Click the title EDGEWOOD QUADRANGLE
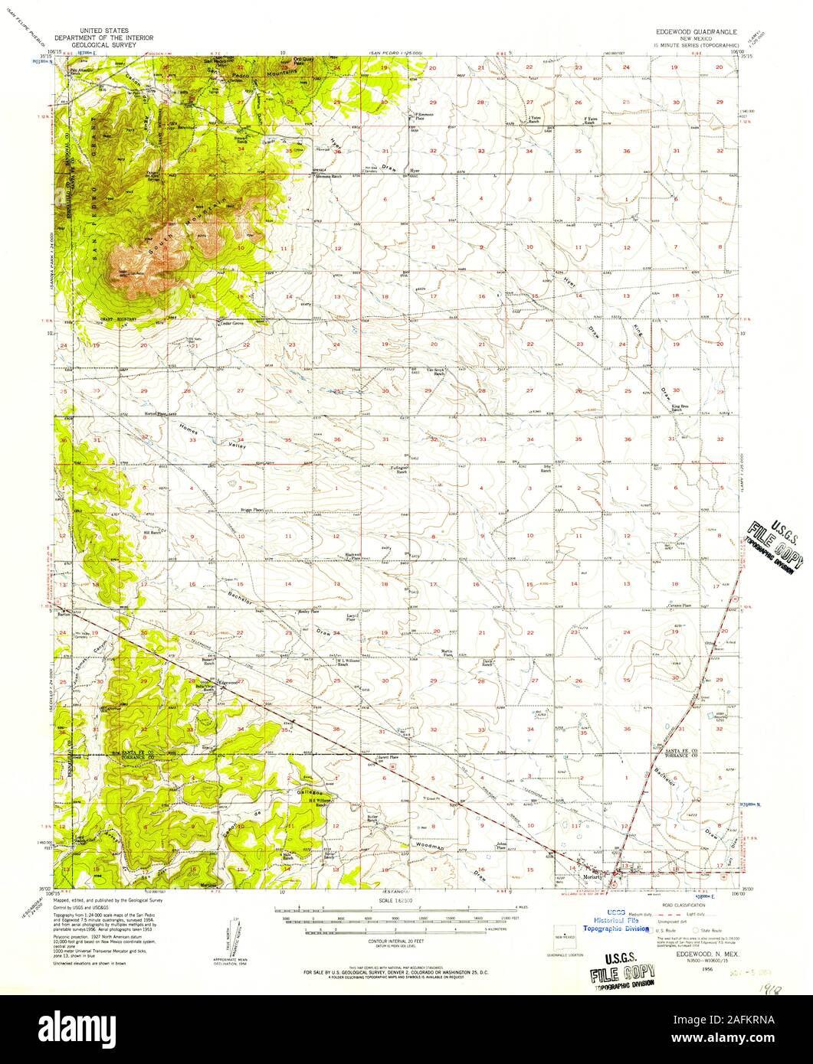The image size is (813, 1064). [x=695, y=33]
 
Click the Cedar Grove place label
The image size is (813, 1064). [x=232, y=323]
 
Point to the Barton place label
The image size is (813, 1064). [x=63, y=614]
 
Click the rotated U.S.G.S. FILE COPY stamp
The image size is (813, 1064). [x=775, y=550]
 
